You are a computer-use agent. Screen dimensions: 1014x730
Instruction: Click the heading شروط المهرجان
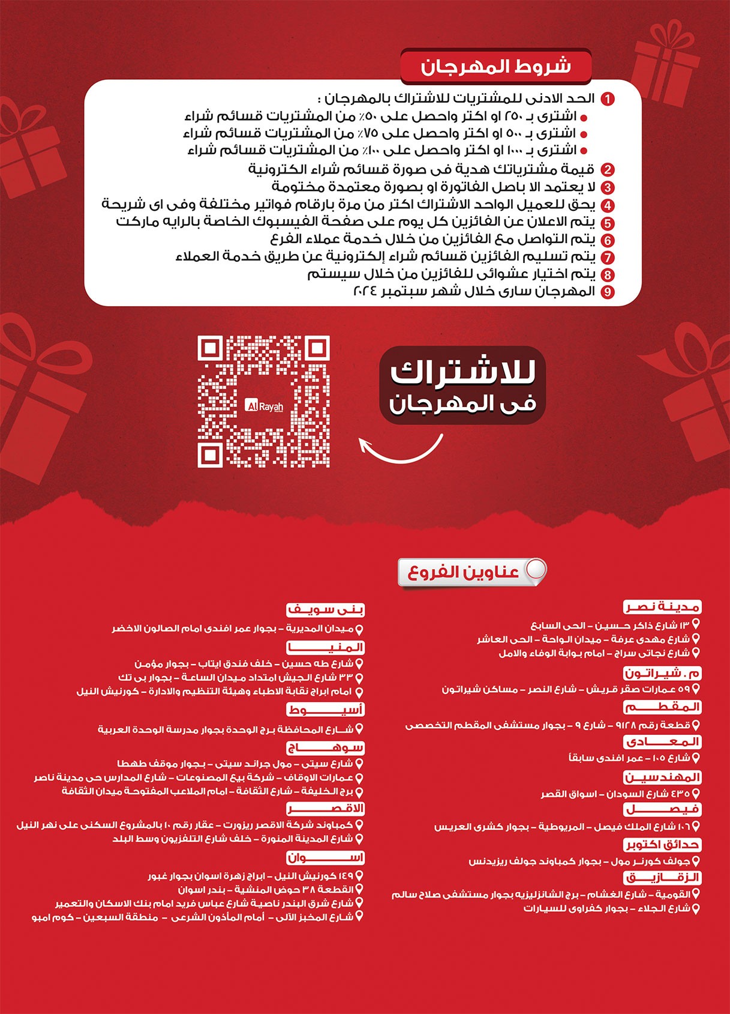coord(495,67)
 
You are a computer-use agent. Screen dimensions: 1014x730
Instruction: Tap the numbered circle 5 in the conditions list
coord(608,223)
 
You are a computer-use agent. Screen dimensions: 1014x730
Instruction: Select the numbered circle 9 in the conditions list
coord(608,292)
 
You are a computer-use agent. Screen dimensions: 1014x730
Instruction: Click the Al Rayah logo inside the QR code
coord(264,406)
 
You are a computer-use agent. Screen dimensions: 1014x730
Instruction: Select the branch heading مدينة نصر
coord(662,607)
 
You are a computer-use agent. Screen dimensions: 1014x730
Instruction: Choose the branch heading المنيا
coord(326,648)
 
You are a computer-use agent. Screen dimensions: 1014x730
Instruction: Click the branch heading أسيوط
coord(326,710)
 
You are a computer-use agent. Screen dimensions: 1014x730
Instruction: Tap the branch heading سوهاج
coord(326,748)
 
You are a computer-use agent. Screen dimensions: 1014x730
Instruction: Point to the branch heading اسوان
coord(326,858)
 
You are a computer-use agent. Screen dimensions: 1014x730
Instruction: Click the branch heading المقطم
coord(662,707)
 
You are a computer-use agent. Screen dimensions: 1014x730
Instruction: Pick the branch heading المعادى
coord(662,742)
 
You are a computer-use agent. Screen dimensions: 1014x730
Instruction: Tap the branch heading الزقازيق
coord(662,878)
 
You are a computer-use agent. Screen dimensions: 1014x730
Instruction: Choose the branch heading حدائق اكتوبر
coord(662,845)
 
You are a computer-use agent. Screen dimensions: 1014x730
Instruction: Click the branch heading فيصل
coord(662,810)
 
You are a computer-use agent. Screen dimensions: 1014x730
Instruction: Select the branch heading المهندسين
coord(662,777)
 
